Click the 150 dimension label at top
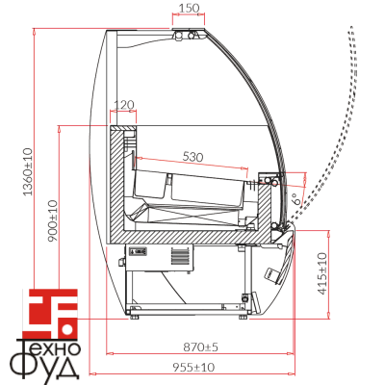click(x=189, y=8)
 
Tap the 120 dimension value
click(x=124, y=104)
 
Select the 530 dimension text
click(x=192, y=157)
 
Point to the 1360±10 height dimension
click(x=28, y=171)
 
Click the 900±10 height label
click(x=53, y=221)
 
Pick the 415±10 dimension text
click(x=321, y=273)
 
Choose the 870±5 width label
click(x=200, y=346)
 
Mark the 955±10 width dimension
click(x=193, y=367)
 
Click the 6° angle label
click(x=296, y=199)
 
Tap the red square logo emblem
click(x=53, y=313)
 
